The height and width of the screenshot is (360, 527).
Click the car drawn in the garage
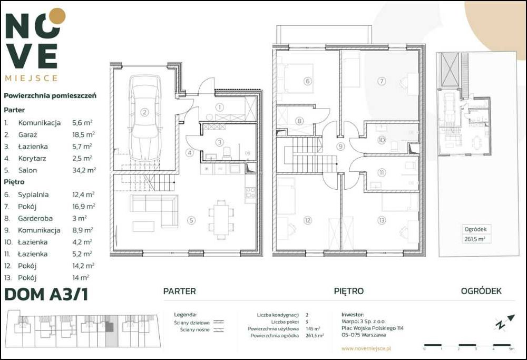144,118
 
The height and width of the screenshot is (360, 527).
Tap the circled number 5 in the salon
191,220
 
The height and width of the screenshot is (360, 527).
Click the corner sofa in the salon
154,211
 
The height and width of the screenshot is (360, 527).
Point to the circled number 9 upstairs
341,146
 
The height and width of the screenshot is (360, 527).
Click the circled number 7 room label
381,81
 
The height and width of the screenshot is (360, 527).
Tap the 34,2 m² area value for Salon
84,170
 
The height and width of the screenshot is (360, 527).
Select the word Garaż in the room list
27,134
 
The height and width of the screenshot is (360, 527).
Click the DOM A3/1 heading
46,294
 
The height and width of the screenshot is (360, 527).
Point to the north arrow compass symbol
504,322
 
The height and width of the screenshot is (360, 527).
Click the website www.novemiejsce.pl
366,348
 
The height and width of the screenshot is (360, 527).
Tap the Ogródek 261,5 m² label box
475,234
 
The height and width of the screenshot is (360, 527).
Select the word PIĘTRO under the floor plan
349,291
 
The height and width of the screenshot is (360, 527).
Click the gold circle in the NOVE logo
57,16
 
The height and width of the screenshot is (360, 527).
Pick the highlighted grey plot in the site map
112,331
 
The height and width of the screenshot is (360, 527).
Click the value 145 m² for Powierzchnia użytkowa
313,328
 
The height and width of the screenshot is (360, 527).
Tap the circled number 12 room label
307,220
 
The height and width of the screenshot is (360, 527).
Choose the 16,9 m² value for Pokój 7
84,206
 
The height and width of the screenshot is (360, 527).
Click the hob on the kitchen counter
251,193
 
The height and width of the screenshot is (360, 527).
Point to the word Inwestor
353,315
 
